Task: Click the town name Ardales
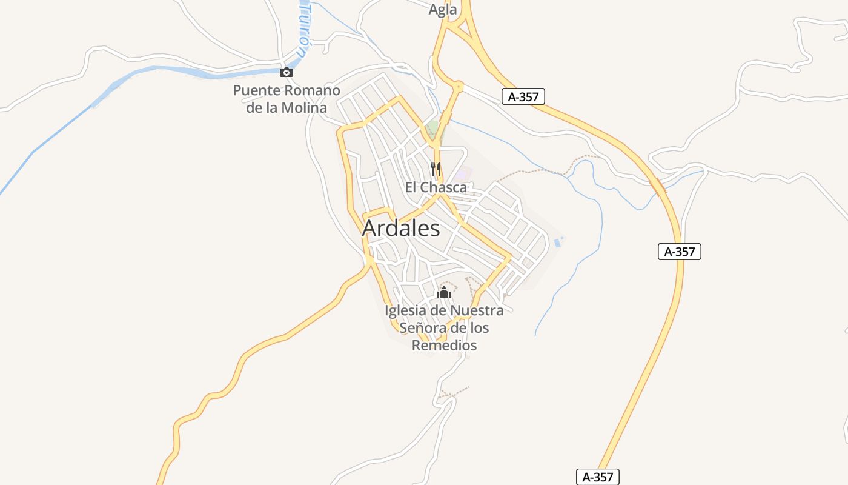click(x=401, y=229)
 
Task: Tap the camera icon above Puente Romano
click(x=287, y=73)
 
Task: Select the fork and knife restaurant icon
click(x=435, y=167)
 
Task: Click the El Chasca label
click(x=436, y=187)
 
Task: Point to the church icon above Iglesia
click(x=444, y=293)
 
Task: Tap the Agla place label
click(x=443, y=10)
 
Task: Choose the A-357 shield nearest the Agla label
click(x=524, y=96)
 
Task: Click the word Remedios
click(x=444, y=346)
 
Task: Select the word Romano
click(x=313, y=91)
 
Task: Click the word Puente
click(x=257, y=91)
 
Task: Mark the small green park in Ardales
click(x=432, y=128)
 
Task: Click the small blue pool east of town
click(x=557, y=243)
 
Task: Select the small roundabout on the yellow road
click(x=458, y=87)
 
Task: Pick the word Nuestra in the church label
click(x=477, y=311)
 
